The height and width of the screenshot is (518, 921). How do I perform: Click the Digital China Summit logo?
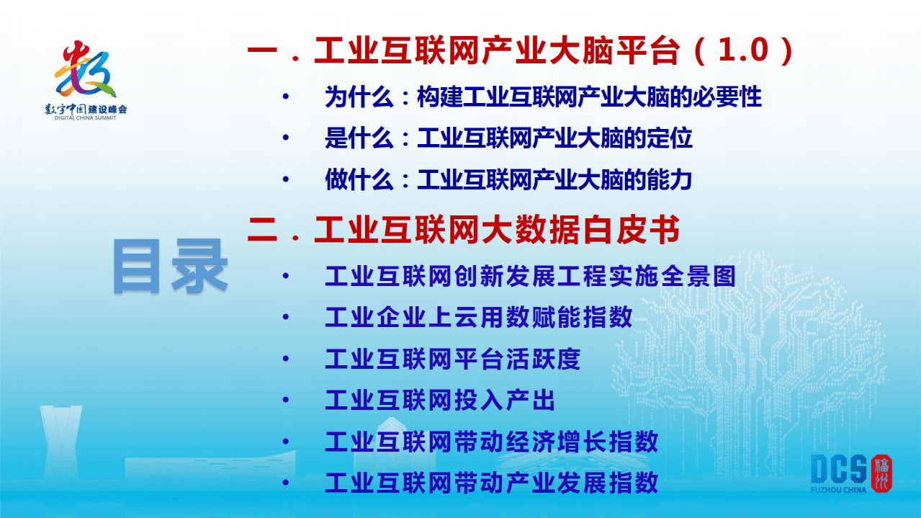tap(86, 79)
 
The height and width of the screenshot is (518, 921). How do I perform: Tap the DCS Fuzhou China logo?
tap(850, 474)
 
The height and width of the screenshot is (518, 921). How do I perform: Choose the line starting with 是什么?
tap(508, 138)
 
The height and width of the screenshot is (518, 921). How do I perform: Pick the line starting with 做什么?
tap(508, 179)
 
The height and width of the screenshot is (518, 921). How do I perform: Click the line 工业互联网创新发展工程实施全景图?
tap(529, 276)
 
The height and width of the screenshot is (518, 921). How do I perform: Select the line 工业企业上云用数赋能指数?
tap(478, 317)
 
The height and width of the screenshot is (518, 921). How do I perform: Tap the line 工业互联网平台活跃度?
tap(452, 358)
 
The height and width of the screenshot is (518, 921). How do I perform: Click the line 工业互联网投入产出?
tap(439, 400)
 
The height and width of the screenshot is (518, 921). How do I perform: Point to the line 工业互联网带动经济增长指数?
tap(491, 441)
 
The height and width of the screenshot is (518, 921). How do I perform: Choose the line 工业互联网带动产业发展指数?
tap(491, 482)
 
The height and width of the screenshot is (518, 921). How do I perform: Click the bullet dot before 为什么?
tap(287, 97)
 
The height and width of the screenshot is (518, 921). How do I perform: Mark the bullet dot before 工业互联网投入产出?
tap(287, 400)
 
